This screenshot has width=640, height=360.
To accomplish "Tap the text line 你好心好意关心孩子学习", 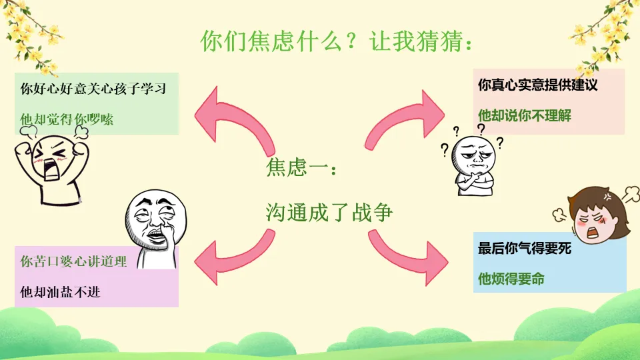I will pyautogui.click(x=93, y=89).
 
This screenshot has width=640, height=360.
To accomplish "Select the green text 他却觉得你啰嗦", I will pyautogui.click(x=67, y=119).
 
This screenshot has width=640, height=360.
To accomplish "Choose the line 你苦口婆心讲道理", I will pyautogui.click(x=73, y=261).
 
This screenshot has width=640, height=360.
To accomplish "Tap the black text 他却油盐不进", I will pyautogui.click(x=60, y=291).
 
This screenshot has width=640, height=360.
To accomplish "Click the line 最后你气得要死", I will pyautogui.click(x=525, y=249).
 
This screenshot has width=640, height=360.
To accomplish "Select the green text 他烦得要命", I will pyautogui.click(x=511, y=279).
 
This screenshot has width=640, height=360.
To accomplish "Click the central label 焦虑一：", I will pyautogui.click(x=302, y=167).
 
